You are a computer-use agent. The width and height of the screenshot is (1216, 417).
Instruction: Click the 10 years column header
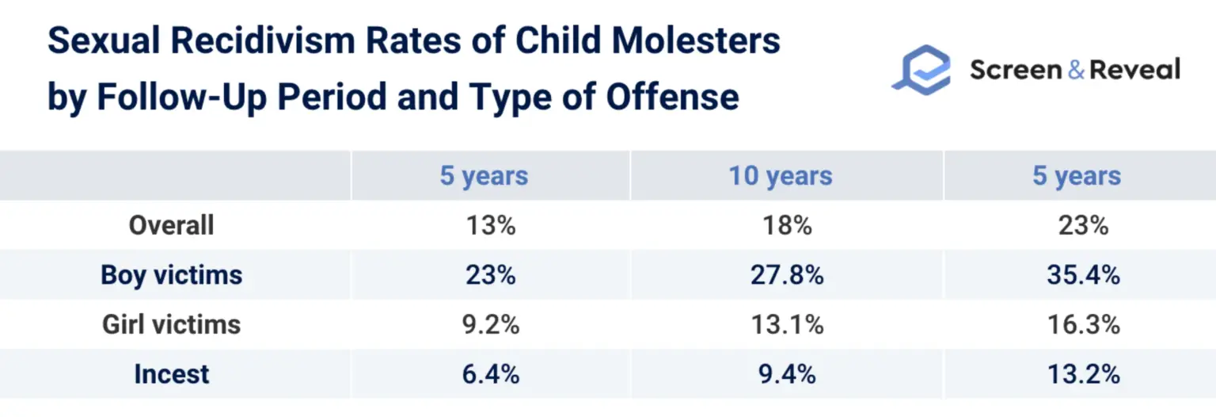[x=781, y=176]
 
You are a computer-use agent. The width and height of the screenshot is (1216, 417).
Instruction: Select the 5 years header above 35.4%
[x=1077, y=176]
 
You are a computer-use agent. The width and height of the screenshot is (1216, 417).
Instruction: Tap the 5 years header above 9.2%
[x=484, y=176]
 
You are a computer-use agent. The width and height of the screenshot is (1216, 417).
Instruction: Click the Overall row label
[x=172, y=225]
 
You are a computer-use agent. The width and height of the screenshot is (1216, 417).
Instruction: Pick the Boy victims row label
[x=172, y=275]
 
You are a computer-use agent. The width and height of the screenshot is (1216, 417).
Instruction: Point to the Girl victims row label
[x=172, y=324]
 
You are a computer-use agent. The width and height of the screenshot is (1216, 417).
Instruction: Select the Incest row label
[x=172, y=373]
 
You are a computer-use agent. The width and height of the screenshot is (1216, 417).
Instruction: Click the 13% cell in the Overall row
[x=490, y=225]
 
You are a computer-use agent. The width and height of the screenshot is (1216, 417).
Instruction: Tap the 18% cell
[x=787, y=225]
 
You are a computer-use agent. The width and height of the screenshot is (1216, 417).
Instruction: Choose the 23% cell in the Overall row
[x=1083, y=225]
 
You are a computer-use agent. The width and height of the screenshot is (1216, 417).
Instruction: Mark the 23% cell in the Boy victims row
[x=490, y=275]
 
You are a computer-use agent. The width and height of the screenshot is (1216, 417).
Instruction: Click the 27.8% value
[x=787, y=275]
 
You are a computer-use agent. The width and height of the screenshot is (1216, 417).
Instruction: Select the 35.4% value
[x=1083, y=275]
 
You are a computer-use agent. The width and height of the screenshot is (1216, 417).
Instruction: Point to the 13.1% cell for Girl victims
[x=787, y=324]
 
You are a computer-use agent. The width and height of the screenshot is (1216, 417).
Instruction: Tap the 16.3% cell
[x=1083, y=324]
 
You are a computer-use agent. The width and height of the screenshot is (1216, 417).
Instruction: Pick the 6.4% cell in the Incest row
[x=490, y=373]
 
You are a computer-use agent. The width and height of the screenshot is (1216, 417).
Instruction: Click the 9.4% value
[x=787, y=373]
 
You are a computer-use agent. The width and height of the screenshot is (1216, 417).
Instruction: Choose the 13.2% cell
[x=1083, y=373]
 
